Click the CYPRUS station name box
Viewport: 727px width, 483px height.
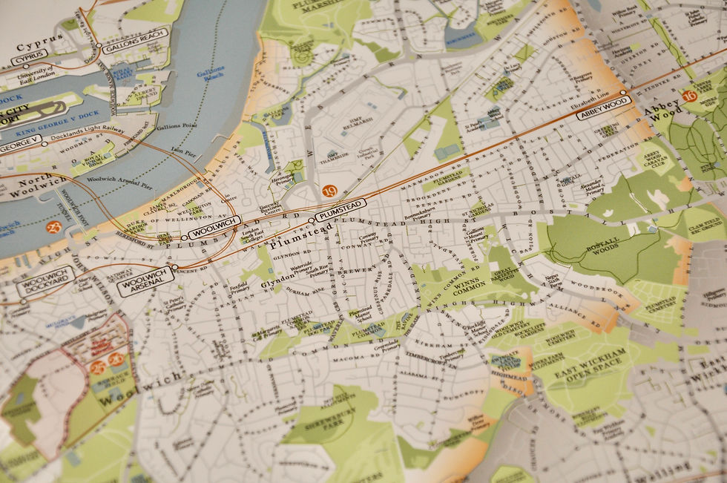pyautogui.click(x=29, y=54)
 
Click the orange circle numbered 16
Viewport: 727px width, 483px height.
pyautogui.click(x=689, y=96)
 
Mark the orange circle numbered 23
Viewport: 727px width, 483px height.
pyautogui.click(x=53, y=227)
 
